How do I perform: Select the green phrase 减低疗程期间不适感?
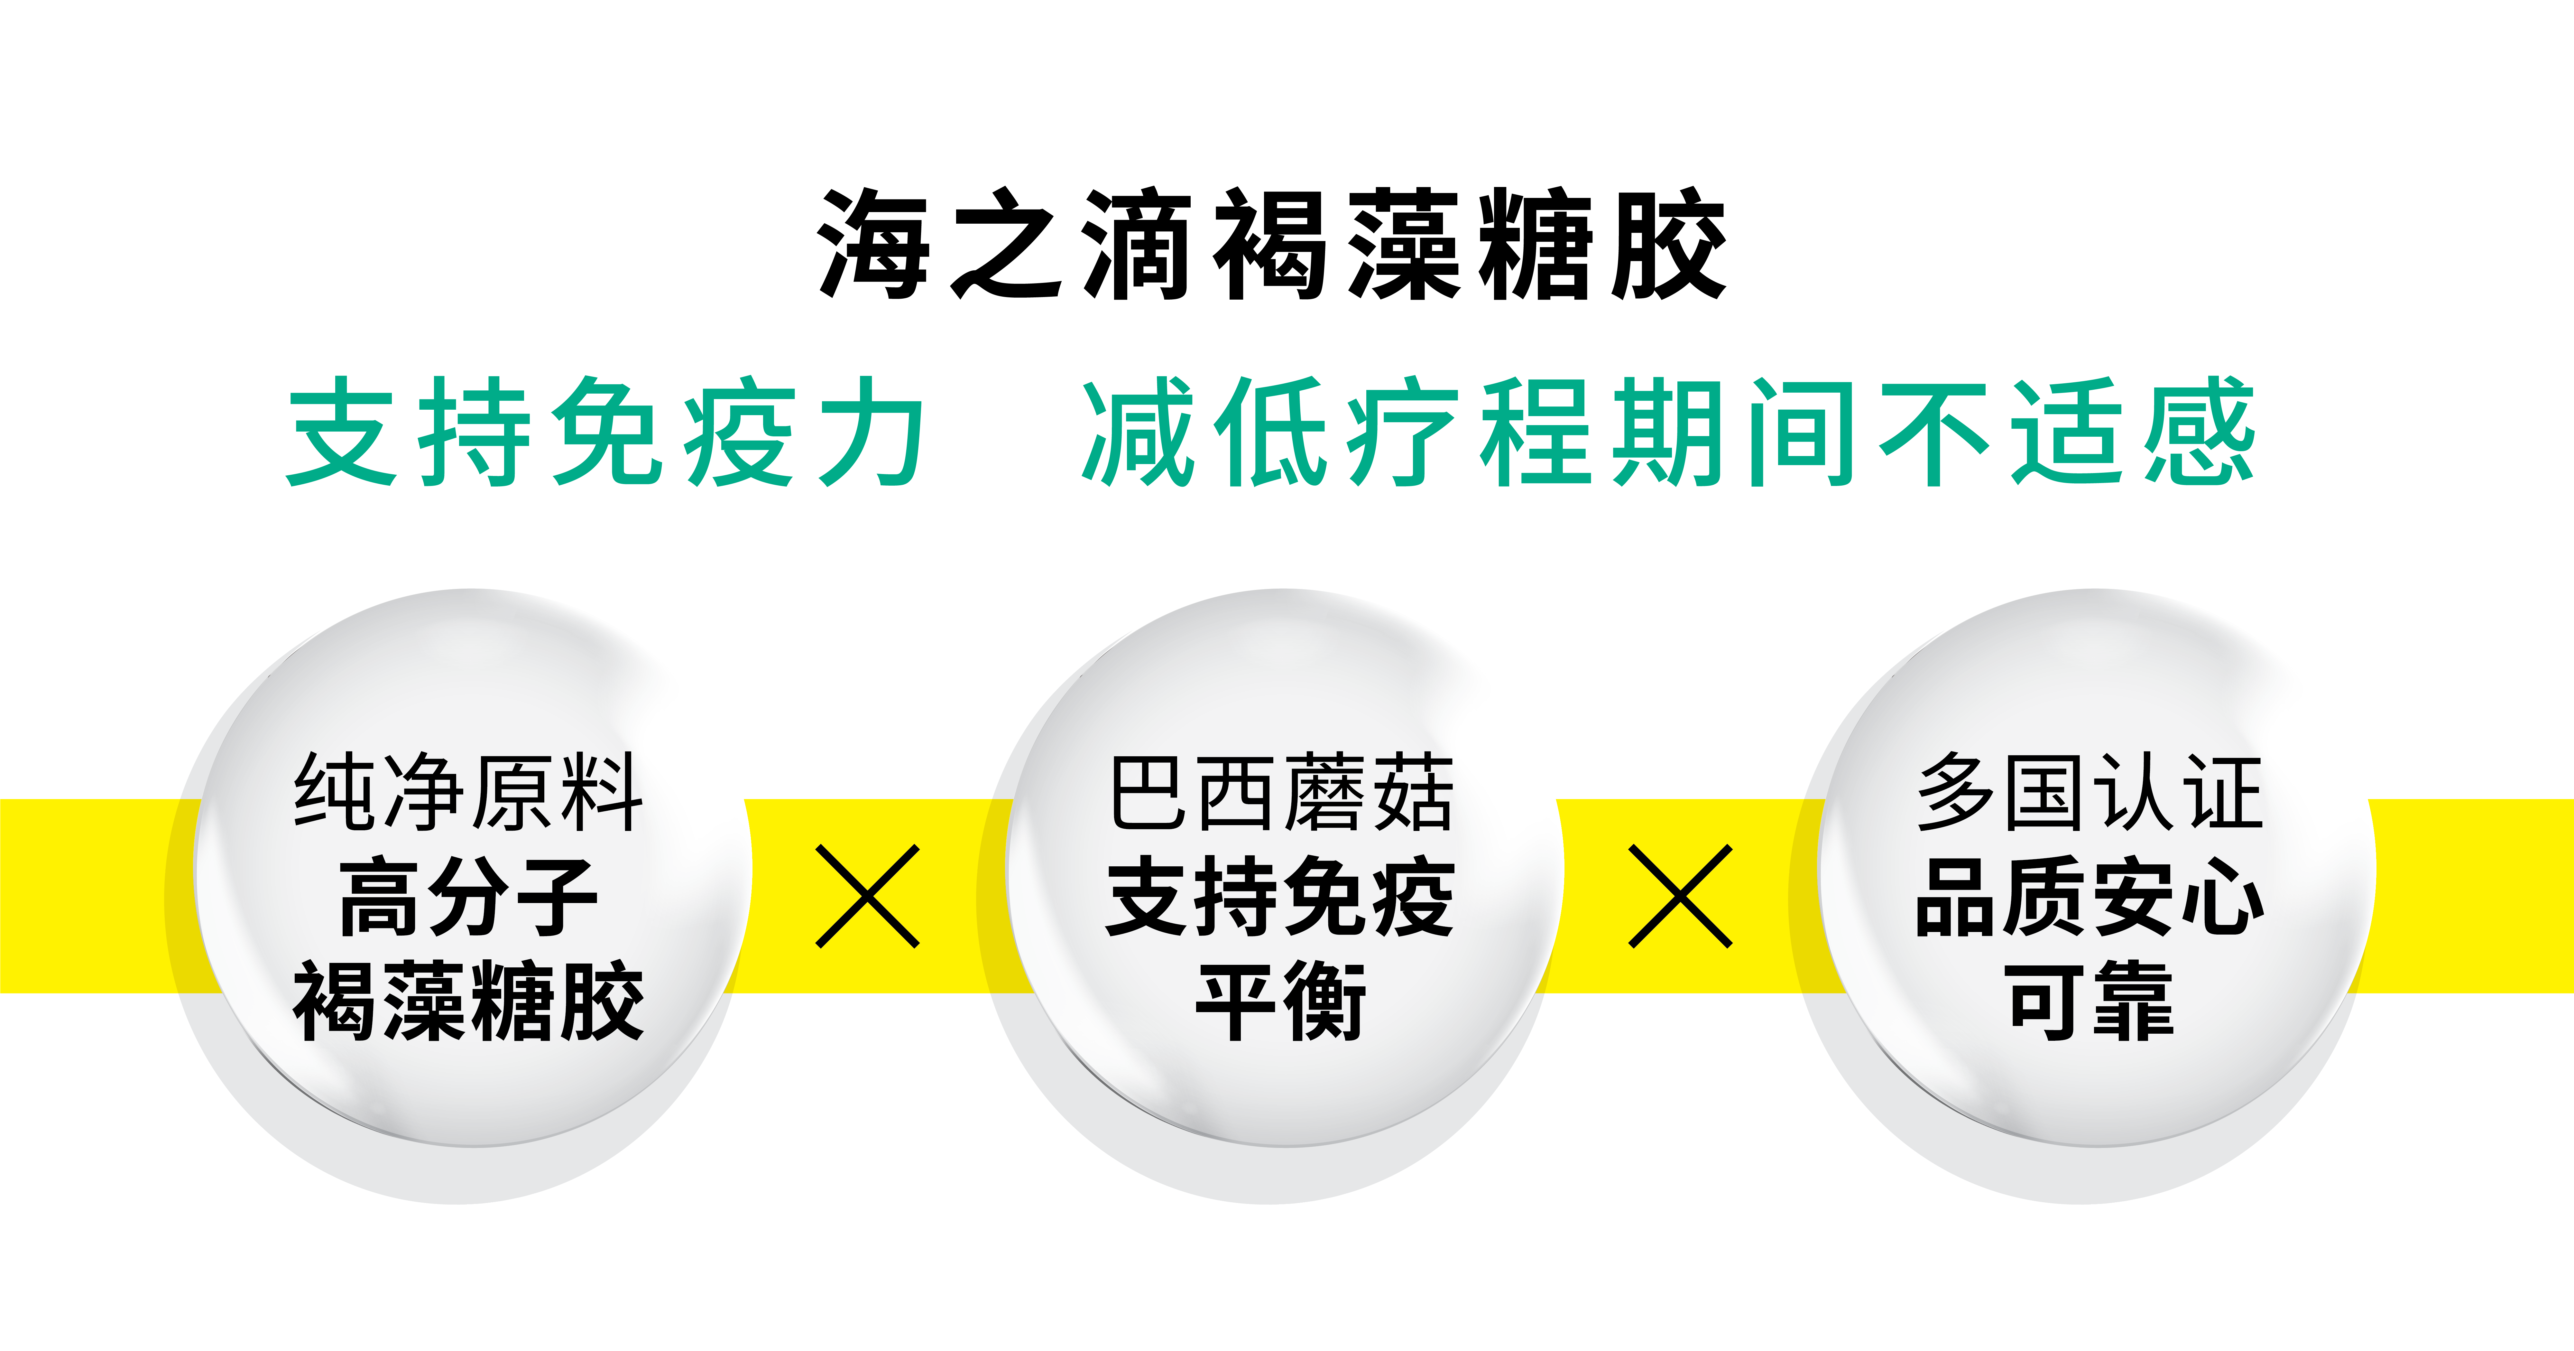pos(1668,432)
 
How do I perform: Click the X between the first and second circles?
pos(867,895)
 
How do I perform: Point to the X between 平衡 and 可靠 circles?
pos(1681,895)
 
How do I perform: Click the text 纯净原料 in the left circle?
pos(468,792)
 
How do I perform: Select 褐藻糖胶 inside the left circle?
pos(468,1001)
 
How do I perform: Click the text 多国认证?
pos(2090,792)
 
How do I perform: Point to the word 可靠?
pos(2090,1001)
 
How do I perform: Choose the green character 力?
pos(871,432)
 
